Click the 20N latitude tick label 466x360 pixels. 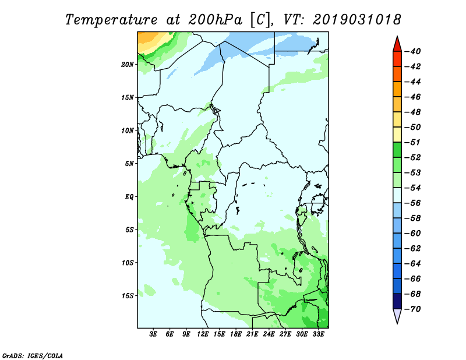[x=127, y=64]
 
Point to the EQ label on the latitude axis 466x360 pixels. [x=129, y=197]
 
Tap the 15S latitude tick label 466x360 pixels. [x=128, y=296]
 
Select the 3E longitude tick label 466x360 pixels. [x=153, y=334]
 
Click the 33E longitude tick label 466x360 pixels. [x=318, y=334]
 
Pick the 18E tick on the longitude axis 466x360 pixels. [x=236, y=334]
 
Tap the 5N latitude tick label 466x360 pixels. [x=129, y=164]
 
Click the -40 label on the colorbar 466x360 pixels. [x=413, y=51]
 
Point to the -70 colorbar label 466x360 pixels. [x=413, y=309]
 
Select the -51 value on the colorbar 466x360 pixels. [x=413, y=142]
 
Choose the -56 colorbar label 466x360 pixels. [x=413, y=203]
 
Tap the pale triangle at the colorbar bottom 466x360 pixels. [x=397, y=315]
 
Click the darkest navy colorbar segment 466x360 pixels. [x=397, y=301]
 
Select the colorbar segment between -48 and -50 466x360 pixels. [x=397, y=119]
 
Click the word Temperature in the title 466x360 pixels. [x=111, y=20]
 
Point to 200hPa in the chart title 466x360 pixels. [x=215, y=20]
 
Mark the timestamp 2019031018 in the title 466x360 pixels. [x=356, y=20]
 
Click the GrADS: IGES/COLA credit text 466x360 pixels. [x=33, y=355]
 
